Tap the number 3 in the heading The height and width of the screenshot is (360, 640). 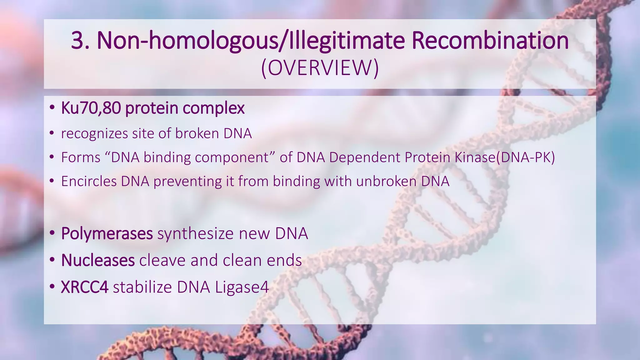point(78,41)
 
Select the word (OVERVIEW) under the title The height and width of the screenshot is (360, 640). point(320,68)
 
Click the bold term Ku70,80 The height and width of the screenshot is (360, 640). point(91,108)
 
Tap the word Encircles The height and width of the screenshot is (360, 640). point(89,181)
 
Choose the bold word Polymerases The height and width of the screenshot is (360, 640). point(107,233)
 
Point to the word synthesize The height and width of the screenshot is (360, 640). point(196,233)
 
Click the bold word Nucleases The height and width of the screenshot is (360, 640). point(98,260)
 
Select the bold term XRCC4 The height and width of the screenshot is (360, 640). point(84,287)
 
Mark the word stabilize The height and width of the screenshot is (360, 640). point(142,287)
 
